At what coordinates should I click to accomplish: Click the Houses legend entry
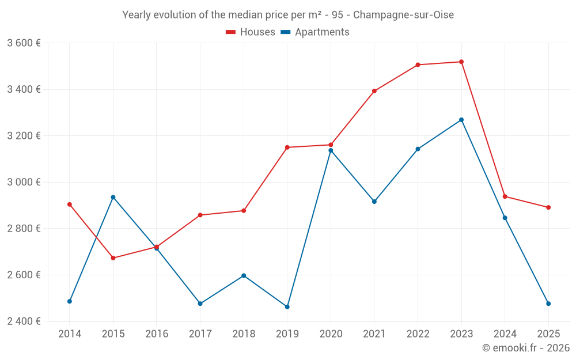point(251,32)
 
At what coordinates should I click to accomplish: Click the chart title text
point(288,15)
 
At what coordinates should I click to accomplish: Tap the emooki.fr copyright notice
point(526,348)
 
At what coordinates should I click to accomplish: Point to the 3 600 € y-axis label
point(24,43)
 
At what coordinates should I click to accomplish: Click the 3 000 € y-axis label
point(24,182)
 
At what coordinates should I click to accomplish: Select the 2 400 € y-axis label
point(24,321)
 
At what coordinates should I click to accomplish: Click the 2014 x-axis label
point(70,334)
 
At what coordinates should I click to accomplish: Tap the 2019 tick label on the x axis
point(287,334)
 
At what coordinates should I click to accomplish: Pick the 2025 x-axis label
point(548,334)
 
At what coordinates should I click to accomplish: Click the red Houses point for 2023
point(461,62)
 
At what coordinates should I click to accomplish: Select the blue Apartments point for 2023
point(461,120)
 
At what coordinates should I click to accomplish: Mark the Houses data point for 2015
point(113,258)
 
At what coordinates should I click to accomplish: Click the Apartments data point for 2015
point(113,197)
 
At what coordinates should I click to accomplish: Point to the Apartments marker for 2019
point(287,307)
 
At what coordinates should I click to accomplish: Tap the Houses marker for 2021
point(374,91)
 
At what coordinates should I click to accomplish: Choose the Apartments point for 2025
point(548,304)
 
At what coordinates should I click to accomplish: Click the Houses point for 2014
point(70,204)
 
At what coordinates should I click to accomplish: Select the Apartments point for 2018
point(244,275)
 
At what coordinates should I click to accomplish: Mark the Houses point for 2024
point(505,196)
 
